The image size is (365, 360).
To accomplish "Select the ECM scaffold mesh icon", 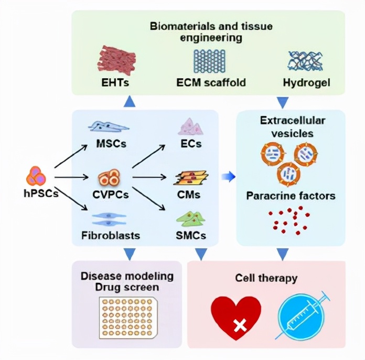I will (210, 61).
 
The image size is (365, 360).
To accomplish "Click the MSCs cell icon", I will (109, 126).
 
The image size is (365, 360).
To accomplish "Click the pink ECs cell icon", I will (189, 126).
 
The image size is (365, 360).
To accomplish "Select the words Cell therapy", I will (266, 277).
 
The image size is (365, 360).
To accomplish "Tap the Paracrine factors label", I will (291, 196).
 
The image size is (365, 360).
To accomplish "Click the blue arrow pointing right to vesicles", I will (226, 177).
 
